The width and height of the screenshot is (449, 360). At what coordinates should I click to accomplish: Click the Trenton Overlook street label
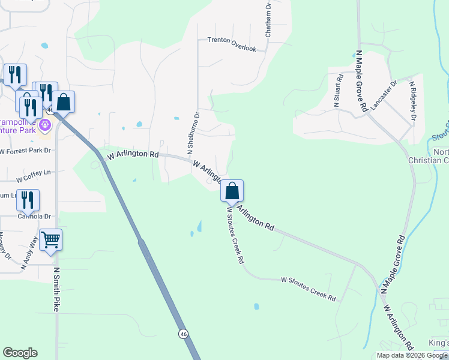coord(232,40)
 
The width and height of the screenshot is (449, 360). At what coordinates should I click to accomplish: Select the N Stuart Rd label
coord(338,91)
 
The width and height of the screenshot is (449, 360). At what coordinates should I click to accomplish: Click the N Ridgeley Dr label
coord(413,100)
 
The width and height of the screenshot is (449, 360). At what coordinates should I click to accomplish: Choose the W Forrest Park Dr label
coord(25,151)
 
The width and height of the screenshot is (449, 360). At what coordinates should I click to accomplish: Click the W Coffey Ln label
coord(34,176)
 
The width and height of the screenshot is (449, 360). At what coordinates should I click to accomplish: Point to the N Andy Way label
coord(30,253)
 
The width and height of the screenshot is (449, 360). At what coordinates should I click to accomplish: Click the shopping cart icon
coord(51,240)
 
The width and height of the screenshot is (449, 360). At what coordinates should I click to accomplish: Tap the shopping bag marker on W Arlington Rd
coord(232,191)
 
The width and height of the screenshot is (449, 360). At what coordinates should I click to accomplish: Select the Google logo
coord(20,353)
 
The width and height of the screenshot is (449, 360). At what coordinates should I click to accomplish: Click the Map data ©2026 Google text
coord(412,355)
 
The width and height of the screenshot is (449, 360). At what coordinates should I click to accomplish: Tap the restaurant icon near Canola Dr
coord(28,200)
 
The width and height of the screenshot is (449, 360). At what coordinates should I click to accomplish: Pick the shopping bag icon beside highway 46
coord(64,102)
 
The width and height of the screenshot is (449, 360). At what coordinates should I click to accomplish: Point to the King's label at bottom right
coord(439,343)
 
